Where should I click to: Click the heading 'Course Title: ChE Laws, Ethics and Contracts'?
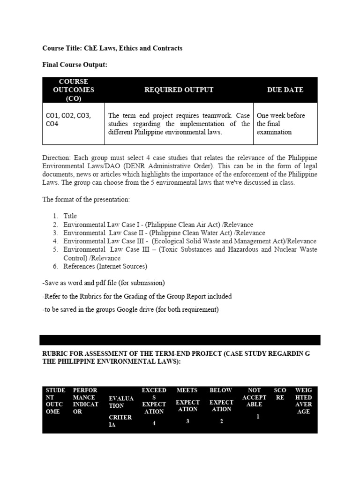(x=112, y=48)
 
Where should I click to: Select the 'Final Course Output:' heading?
(x=75, y=65)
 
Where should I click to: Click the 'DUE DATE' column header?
(x=285, y=90)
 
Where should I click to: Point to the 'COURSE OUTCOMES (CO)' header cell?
(x=73, y=90)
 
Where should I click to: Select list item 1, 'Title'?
(x=70, y=216)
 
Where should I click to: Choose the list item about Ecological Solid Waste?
(x=190, y=241)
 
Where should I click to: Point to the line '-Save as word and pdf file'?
(x=103, y=283)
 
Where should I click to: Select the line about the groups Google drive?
(x=130, y=309)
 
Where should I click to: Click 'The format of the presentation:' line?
(x=86, y=199)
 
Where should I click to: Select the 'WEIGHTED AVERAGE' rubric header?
(x=303, y=401)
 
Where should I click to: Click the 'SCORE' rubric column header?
(x=280, y=394)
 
